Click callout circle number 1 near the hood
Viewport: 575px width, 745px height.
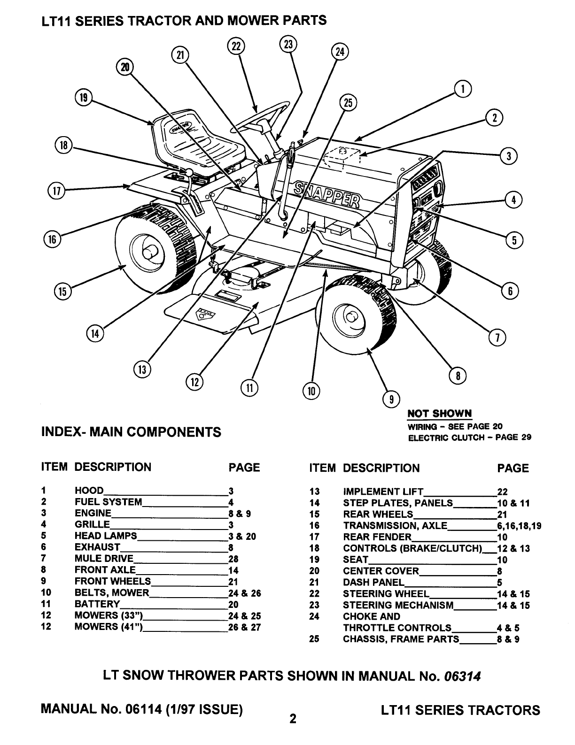463,89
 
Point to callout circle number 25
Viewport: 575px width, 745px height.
348,103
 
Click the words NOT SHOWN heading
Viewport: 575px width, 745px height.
439,414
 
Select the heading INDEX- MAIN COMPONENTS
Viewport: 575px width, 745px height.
131,432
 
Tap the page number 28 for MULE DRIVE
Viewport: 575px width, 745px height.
233,559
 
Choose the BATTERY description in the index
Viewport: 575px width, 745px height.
97,604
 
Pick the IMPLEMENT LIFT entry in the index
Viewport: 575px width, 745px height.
383,492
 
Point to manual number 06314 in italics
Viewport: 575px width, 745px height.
463,676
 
